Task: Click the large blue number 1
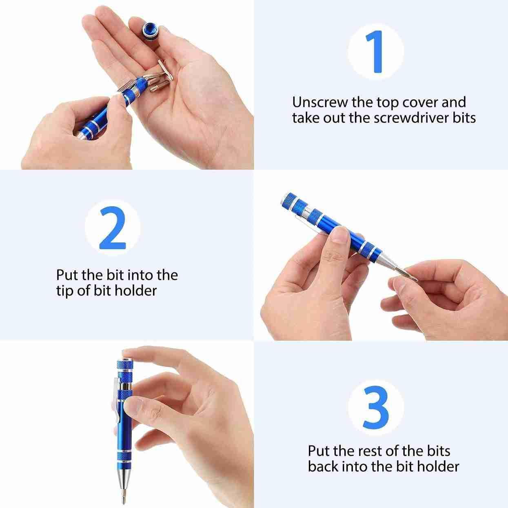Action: (x=375, y=52)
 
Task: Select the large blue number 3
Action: (x=376, y=408)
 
